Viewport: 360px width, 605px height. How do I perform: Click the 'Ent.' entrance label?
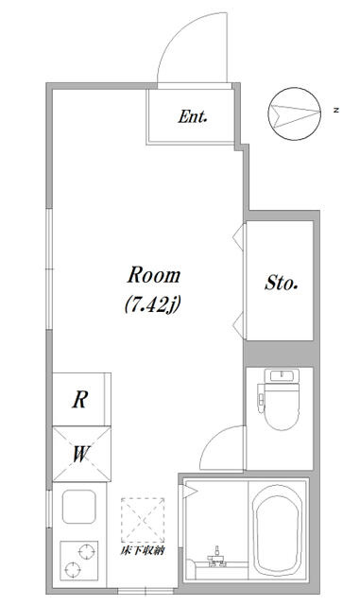coord(193,116)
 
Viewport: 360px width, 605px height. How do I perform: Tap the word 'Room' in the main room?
coord(154,275)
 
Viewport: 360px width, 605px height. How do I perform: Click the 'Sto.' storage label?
coord(281,283)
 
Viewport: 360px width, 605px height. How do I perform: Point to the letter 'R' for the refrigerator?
coord(80,400)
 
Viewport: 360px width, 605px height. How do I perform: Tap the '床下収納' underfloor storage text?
coord(143,551)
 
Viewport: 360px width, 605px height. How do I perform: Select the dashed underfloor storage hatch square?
coord(143,521)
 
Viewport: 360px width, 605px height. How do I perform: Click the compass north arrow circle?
coord(295,113)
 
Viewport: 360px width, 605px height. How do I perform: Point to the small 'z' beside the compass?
coord(336,111)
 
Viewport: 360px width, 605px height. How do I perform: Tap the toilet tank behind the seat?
coord(282,376)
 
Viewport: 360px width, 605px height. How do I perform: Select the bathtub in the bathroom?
coord(278,530)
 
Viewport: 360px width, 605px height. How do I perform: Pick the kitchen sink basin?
coord(79,507)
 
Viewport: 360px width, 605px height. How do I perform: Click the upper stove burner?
coord(86,552)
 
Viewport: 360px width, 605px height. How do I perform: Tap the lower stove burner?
coord(73,569)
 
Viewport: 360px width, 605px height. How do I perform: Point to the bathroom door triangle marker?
coord(190,492)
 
